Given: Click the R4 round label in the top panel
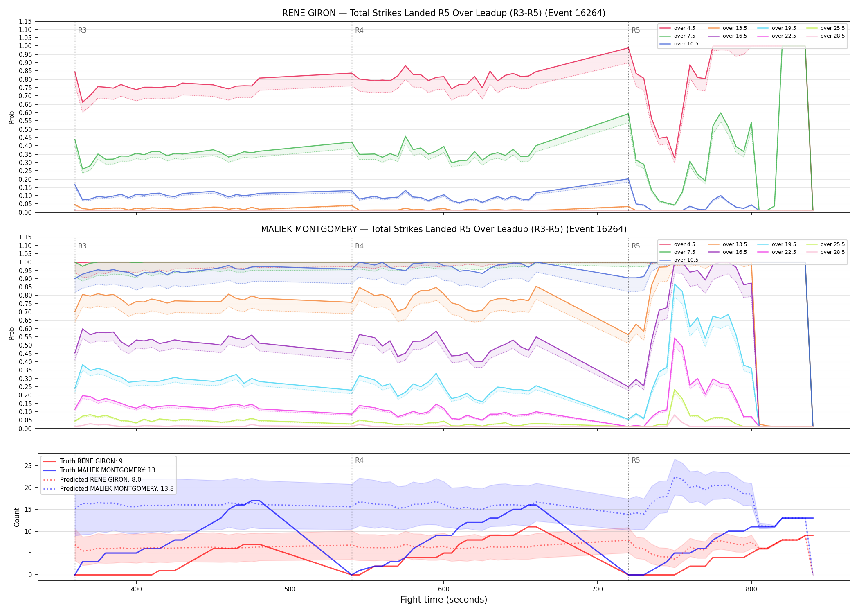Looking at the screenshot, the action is click(x=359, y=30).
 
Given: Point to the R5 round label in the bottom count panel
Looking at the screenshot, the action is click(x=636, y=460).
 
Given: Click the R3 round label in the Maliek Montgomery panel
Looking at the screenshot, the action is click(x=82, y=246).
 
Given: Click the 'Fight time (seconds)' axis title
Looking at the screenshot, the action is click(x=444, y=600).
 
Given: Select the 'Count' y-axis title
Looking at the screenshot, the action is click(x=17, y=517).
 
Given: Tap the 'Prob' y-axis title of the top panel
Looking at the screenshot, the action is click(x=12, y=117).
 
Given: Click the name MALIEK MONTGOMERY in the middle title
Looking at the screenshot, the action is click(x=309, y=229).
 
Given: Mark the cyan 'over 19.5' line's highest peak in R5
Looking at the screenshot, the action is click(x=675, y=284).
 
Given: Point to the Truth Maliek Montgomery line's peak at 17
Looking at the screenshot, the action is click(x=255, y=501).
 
